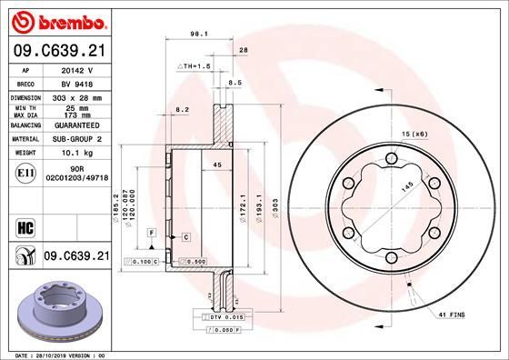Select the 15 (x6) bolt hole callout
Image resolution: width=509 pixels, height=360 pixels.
(x=413, y=135)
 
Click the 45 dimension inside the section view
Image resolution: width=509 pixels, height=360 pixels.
(x=217, y=165)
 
